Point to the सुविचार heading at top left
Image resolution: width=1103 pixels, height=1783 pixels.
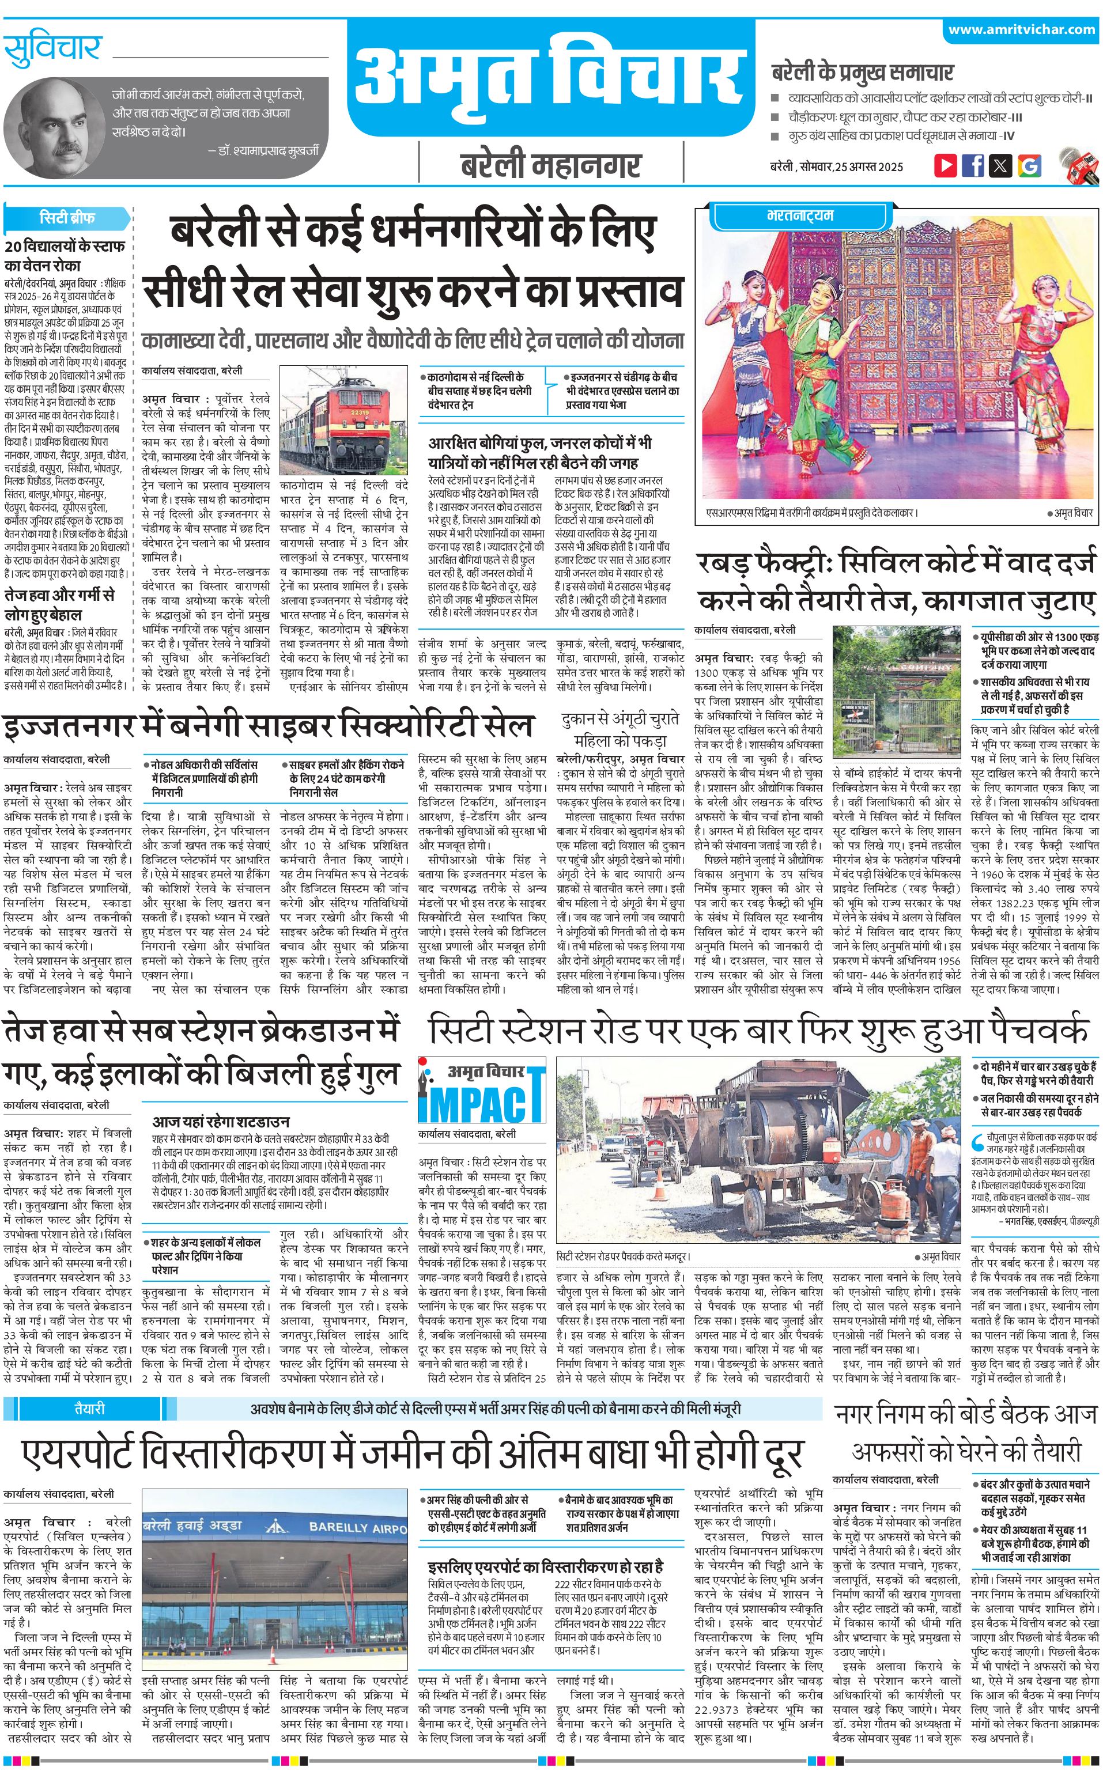pyautogui.click(x=52, y=50)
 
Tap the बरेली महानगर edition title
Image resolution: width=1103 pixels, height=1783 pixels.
pyautogui.click(x=551, y=165)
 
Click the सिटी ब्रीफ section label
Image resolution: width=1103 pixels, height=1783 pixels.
pyautogui.click(x=67, y=217)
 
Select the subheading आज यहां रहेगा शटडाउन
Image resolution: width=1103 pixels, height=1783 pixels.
pyautogui.click(x=220, y=1121)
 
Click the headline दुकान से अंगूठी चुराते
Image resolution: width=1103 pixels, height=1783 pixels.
pyautogui.click(x=620, y=718)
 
